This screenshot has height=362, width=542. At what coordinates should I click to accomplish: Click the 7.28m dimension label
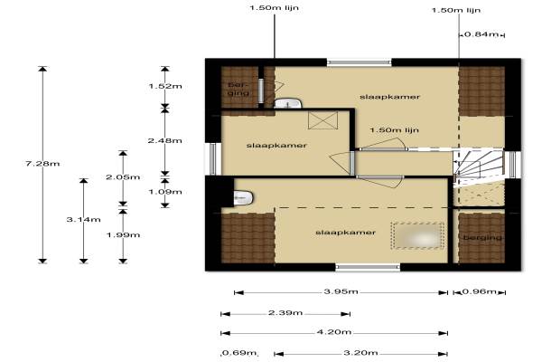tap(42, 164)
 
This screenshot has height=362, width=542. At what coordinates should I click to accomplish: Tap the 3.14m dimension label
tap(84, 220)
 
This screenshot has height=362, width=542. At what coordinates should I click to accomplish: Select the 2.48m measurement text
tap(165, 140)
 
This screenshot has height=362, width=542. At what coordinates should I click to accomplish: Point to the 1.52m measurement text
tap(165, 86)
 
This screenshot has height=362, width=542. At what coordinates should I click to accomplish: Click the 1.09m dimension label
tap(165, 192)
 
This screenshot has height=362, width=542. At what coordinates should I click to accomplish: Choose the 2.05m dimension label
tap(123, 177)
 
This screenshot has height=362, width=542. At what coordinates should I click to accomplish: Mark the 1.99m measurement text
tap(123, 235)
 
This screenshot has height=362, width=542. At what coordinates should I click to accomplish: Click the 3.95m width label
tap(341, 291)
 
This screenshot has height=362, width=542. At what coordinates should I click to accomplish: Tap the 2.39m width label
tap(285, 313)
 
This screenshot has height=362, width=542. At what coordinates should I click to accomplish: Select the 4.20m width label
tap(334, 332)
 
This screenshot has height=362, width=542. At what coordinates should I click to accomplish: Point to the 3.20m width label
tap(360, 353)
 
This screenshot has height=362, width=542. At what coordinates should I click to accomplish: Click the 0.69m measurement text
tap(238, 353)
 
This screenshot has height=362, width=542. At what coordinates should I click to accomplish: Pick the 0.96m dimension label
tap(479, 291)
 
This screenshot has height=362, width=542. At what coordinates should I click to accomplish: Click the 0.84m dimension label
tap(481, 34)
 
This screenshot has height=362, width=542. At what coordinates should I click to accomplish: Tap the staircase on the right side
tap(479, 167)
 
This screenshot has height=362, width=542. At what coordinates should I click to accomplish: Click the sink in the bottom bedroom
tap(244, 197)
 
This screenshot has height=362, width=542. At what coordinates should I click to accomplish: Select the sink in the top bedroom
tap(287, 103)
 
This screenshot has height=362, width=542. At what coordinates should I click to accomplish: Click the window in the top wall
tap(360, 62)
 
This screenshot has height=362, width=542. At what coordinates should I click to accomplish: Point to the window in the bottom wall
tap(368, 267)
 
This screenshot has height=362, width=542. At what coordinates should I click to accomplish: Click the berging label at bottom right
tap(482, 238)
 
